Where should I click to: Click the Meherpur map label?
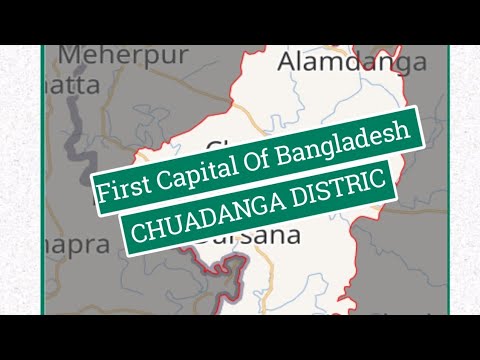[123, 55]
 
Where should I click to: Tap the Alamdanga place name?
[352, 61]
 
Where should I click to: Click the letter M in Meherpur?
[69, 55]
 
